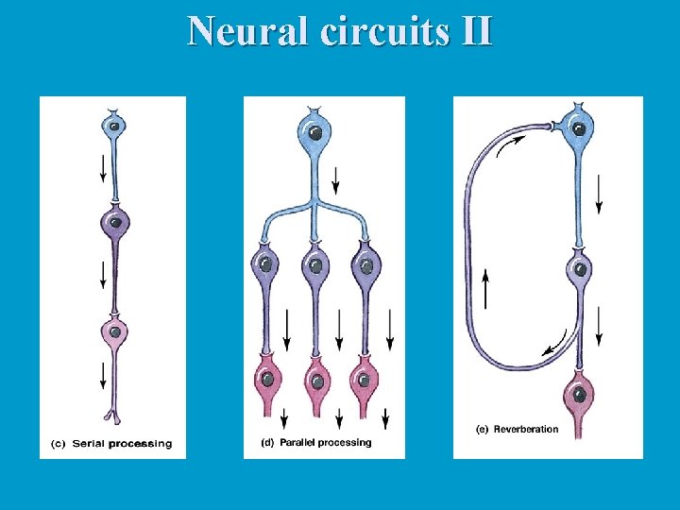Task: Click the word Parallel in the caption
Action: click(x=300, y=442)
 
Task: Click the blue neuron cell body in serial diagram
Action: click(x=113, y=125)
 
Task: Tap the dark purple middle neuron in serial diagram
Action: click(x=114, y=224)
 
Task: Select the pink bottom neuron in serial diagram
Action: click(x=114, y=331)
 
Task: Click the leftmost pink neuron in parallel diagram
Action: click(x=267, y=380)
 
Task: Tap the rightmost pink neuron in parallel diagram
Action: click(x=364, y=380)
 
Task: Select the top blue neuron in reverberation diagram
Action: click(x=579, y=124)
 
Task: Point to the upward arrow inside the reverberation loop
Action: click(x=486, y=289)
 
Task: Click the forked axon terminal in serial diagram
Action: click(x=113, y=416)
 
